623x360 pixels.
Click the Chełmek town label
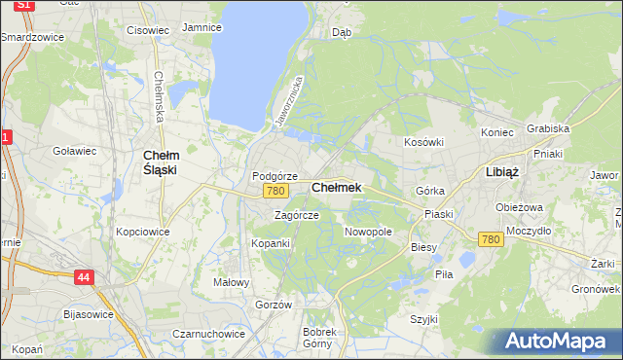coord(336,188)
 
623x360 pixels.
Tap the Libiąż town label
coord(501,171)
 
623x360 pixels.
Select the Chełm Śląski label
coord(160,162)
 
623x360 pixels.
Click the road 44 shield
coord(84,278)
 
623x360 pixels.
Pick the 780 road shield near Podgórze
coord(275,192)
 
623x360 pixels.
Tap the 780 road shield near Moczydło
coord(491,239)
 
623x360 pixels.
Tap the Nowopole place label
coord(368,233)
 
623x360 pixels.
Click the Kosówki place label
coord(423,142)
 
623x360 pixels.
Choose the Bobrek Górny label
coord(319,338)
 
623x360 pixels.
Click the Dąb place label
coord(342,32)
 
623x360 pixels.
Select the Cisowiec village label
coord(148,30)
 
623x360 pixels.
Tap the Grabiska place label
coord(548,128)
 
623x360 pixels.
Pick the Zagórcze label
coord(296,215)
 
